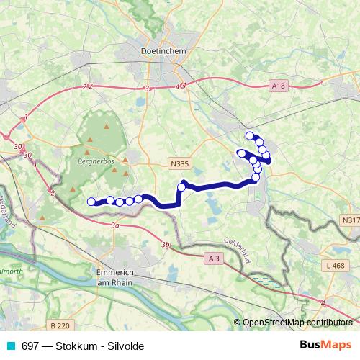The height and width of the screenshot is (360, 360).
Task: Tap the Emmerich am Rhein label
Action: pyautogui.click(x=118, y=279)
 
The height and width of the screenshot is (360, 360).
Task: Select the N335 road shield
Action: pyautogui.click(x=179, y=164)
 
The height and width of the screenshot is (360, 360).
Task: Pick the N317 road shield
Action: pyautogui.click(x=350, y=220)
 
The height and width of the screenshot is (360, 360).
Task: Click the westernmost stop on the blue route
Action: pyautogui.click(x=91, y=202)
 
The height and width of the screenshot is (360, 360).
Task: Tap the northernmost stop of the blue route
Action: pyautogui.click(x=250, y=135)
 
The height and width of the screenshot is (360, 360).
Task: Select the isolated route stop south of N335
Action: pyautogui.click(x=181, y=187)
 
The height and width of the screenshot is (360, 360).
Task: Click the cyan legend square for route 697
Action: pyautogui.click(x=9, y=345)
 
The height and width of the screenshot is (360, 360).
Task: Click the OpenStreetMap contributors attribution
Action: pyautogui.click(x=296, y=323)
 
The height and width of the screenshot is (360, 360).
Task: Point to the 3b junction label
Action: pyautogui.click(x=166, y=246)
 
